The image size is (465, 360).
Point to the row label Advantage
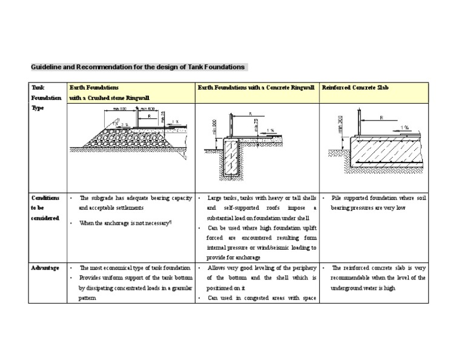pyautogui.click(x=45, y=267)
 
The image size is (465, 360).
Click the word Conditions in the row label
pyautogui.click(x=45, y=198)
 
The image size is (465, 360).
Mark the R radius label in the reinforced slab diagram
pyautogui.click(x=381, y=118)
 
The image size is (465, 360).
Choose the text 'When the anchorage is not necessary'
pyautogui.click(x=125, y=222)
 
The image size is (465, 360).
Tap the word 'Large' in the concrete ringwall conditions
pyautogui.click(x=215, y=198)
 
